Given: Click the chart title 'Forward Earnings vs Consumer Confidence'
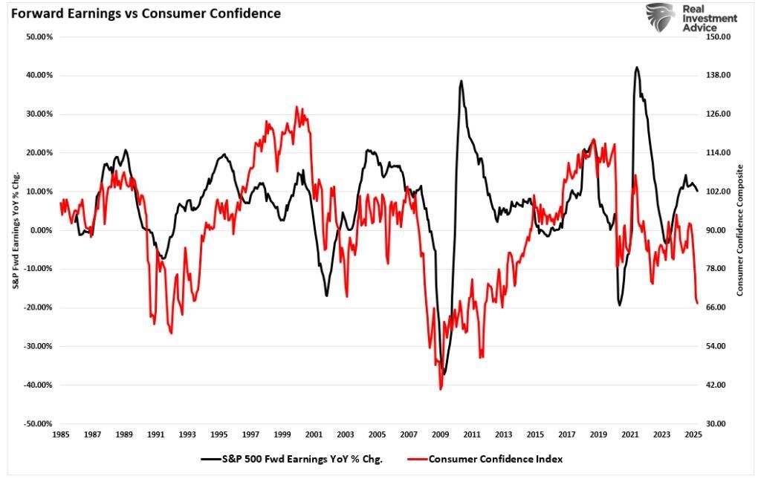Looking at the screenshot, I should point(145,13).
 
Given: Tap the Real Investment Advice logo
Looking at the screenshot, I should point(691,17).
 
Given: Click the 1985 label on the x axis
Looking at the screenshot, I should point(61,434).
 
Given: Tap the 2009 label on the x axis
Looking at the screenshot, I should point(441,434).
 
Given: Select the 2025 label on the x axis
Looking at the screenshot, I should point(693,434).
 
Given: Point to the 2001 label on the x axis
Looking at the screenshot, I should point(314,434).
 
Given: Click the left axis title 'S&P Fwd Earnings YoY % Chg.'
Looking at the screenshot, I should point(16,230).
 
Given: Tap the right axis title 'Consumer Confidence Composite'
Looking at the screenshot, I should point(740,230).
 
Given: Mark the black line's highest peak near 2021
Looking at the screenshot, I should point(637,67).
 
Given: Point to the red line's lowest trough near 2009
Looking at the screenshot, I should point(441,389).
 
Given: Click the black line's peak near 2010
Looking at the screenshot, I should point(462,81).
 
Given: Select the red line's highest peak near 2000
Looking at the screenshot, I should point(297,106).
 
